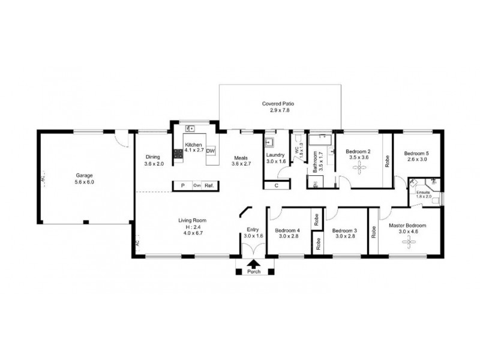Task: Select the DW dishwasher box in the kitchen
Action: coord(210,151)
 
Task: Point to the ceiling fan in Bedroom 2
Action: coord(359,169)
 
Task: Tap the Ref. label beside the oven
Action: coord(209,186)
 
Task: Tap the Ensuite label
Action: coord(424,191)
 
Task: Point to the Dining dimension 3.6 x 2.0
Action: coord(154,164)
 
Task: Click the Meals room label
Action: coord(241,158)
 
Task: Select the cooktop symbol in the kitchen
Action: coord(178,155)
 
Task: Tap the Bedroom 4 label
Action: coord(287,230)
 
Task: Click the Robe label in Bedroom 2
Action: coord(387,160)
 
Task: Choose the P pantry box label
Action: coord(182,186)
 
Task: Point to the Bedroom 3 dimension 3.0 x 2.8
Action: coord(345,237)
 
